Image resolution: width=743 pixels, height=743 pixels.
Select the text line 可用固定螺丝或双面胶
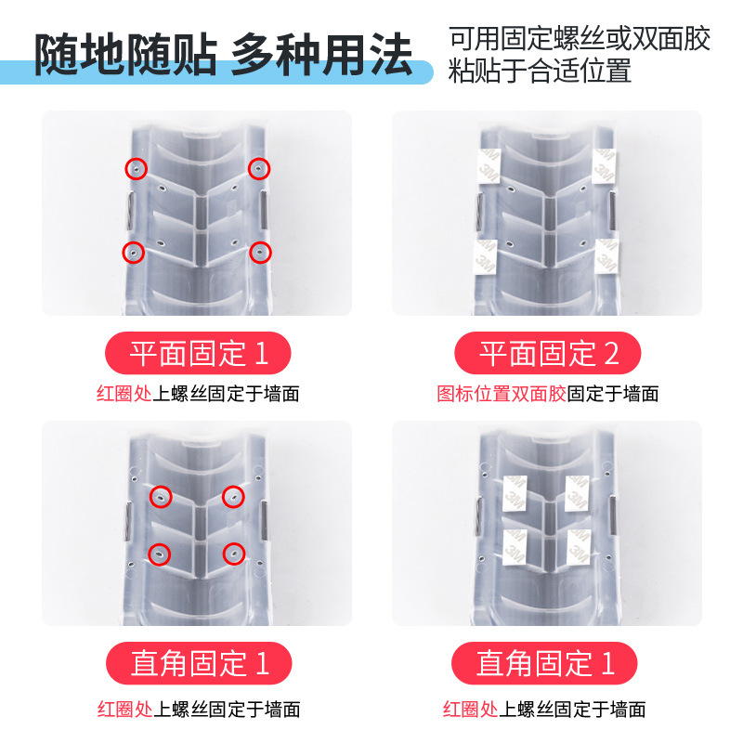pyautogui.click(x=580, y=39)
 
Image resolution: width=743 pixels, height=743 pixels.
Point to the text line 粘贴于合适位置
pyautogui.click(x=541, y=72)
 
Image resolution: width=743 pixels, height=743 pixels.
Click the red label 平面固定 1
pyautogui.click(x=198, y=354)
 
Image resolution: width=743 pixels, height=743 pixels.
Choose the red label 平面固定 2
pyautogui.click(x=548, y=354)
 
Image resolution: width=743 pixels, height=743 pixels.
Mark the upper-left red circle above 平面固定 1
pyautogui.click(x=137, y=168)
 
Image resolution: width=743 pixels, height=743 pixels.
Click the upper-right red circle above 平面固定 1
pyautogui.click(x=259, y=168)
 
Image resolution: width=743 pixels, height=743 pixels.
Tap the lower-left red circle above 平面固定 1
pyautogui.click(x=135, y=253)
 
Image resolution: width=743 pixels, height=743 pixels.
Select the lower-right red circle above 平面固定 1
pyautogui.click(x=261, y=252)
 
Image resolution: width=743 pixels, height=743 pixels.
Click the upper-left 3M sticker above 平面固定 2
pyautogui.click(x=487, y=165)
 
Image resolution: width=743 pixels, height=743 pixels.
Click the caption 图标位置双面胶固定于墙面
pyautogui.click(x=548, y=394)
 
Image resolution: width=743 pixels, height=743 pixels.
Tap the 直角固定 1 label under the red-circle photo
pyautogui.click(x=198, y=663)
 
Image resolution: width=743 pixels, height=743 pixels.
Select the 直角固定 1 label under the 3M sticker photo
pyautogui.click(x=545, y=663)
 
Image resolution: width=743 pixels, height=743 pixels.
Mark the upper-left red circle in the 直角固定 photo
pyautogui.click(x=163, y=498)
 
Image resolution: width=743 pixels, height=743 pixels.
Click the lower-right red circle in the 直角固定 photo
pyautogui.click(x=233, y=554)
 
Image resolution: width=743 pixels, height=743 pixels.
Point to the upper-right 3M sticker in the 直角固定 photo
pyautogui.click(x=579, y=493)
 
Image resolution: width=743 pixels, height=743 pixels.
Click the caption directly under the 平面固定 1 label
pyautogui.click(x=198, y=394)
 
